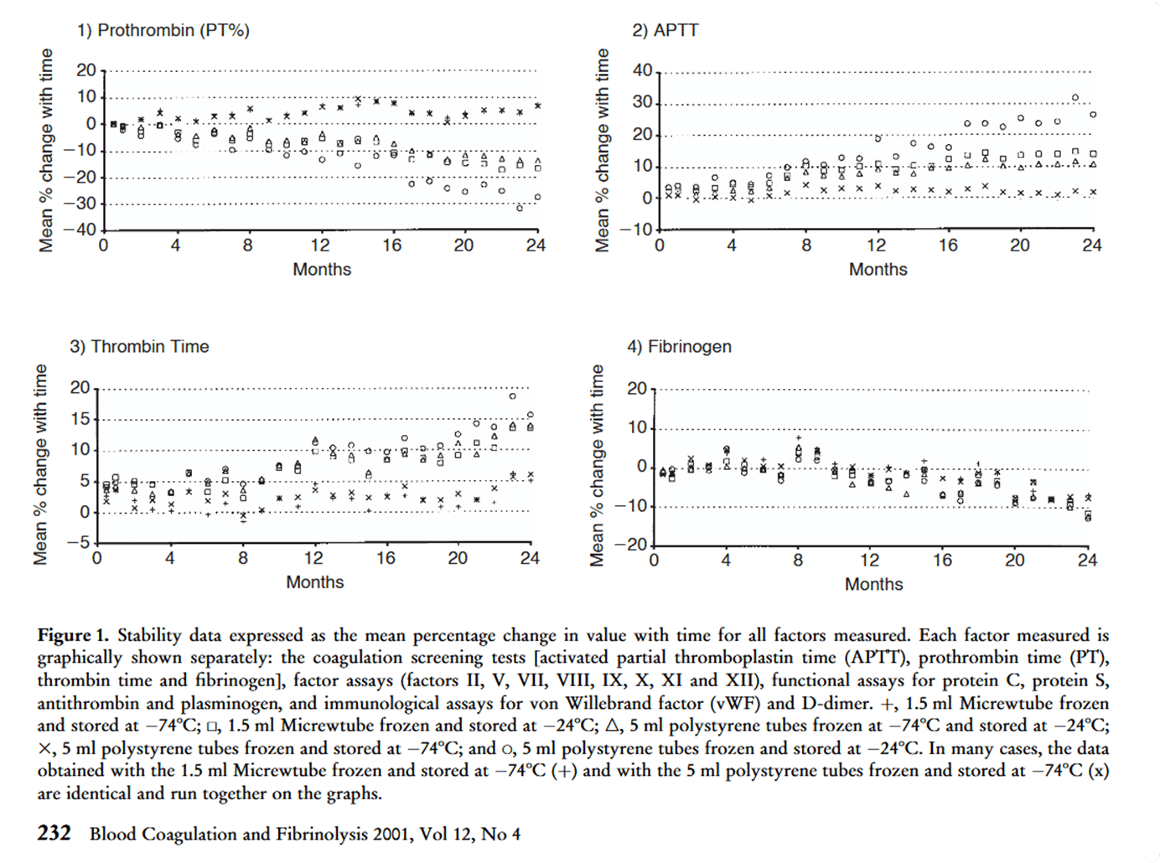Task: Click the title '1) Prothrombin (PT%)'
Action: [x=163, y=30]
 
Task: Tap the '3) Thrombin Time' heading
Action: [x=139, y=346]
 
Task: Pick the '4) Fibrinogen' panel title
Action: [x=679, y=346]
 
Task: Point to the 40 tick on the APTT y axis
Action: [x=643, y=70]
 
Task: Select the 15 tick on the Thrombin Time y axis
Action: [x=80, y=419]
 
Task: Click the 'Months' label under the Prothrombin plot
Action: [x=322, y=269]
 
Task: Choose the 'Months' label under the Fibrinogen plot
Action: [x=873, y=584]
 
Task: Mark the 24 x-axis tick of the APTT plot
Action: [x=1091, y=245]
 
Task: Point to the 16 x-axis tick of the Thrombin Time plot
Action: [x=385, y=558]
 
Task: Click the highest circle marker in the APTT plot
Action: [x=1075, y=98]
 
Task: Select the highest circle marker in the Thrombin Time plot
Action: [x=513, y=395]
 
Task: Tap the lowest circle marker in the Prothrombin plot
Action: [x=520, y=207]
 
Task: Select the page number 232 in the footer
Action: [x=54, y=833]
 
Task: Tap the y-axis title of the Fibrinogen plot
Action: [x=598, y=465]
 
